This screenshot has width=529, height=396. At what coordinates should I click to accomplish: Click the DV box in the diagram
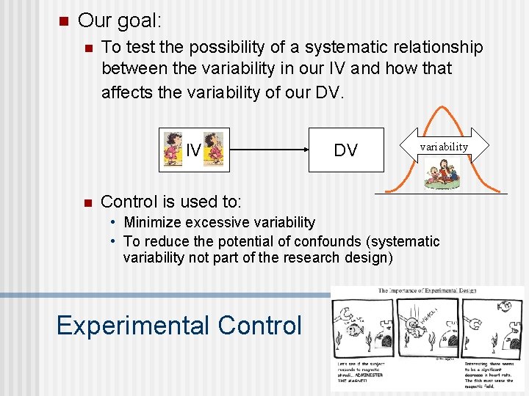click(345, 150)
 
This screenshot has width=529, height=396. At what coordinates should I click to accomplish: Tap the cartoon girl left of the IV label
click(172, 148)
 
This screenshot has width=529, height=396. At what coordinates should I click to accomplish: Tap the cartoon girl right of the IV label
click(213, 148)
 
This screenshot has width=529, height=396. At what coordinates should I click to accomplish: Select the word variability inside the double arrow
click(443, 146)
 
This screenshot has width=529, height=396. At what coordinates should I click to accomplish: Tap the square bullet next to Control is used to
click(87, 202)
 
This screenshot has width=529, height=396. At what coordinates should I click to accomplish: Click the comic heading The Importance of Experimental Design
click(428, 292)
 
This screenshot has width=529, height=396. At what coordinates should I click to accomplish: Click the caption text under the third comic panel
click(492, 374)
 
